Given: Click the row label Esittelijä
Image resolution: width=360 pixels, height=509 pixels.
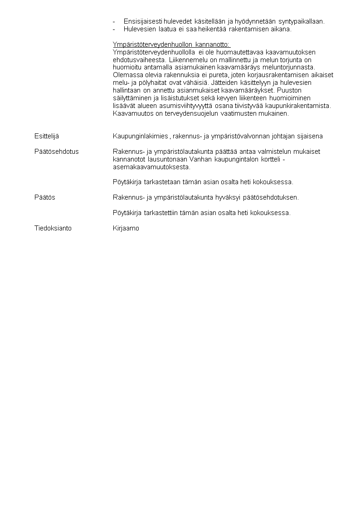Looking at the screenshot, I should tap(47, 136).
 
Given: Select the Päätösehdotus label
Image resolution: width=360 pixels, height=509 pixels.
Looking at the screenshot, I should tap(56, 152).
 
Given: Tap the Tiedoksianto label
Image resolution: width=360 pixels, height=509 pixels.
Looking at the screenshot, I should tap(53, 228).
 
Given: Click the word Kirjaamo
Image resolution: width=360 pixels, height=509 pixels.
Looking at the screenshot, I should tap(126, 228).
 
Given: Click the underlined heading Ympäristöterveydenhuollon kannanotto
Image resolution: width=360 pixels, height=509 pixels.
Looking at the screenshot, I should tap(171, 44).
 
